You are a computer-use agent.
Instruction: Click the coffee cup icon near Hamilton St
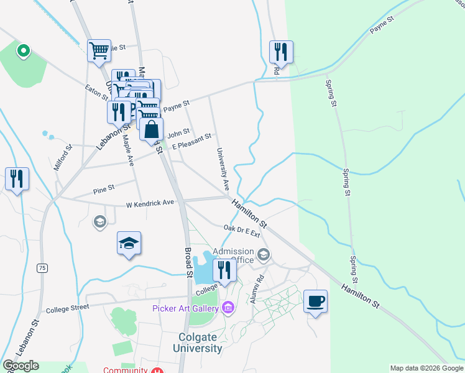315,302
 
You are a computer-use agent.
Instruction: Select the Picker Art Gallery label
185,308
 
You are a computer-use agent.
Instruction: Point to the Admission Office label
233,256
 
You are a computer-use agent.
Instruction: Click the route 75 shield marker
42,268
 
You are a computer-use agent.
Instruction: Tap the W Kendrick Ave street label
150,204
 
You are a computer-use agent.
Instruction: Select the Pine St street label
103,187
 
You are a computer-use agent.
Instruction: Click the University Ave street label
223,169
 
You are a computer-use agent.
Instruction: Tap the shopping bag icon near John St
152,130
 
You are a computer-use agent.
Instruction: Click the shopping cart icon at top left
99,50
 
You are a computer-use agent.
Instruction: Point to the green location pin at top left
24,50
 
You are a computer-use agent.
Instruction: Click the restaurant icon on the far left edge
17,178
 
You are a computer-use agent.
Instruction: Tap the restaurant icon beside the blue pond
224,270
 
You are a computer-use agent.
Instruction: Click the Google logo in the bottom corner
21,366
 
